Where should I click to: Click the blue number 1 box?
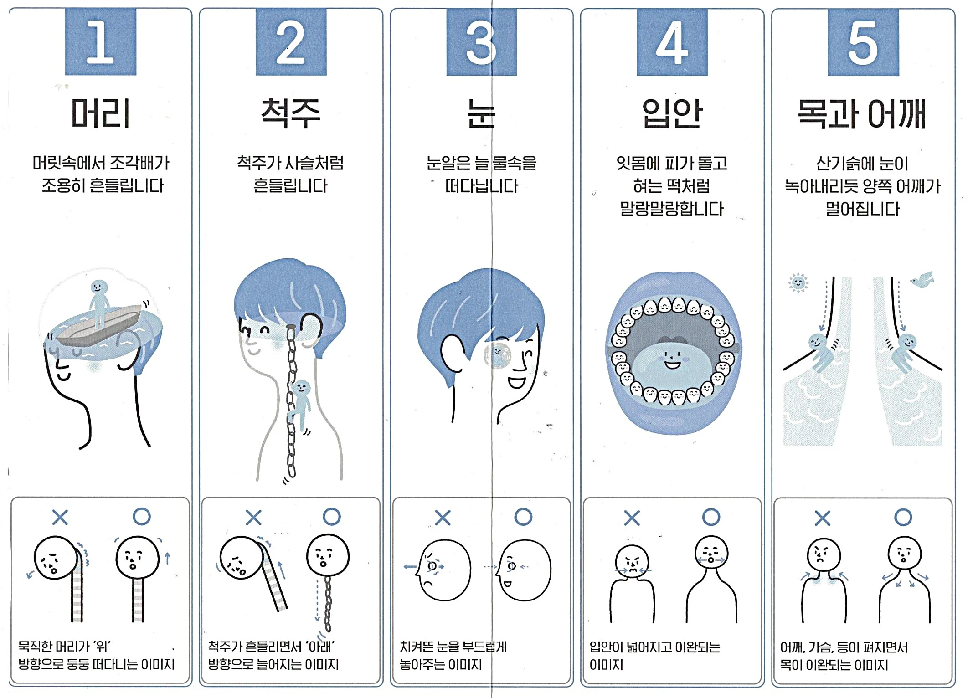[x=101, y=42]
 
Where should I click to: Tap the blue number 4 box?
[x=672, y=42]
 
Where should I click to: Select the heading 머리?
[x=101, y=113]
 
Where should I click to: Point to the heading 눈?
[x=481, y=113]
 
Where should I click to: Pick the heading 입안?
[x=672, y=113]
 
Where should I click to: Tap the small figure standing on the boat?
[x=98, y=303]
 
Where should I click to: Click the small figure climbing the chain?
[x=300, y=403]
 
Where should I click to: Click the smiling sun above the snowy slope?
[x=798, y=283]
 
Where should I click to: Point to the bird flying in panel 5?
[x=922, y=280]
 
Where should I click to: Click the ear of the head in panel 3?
[x=452, y=353]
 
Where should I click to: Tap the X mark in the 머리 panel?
[x=60, y=518]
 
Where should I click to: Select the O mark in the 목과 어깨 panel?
[x=903, y=517]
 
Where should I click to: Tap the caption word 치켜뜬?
[x=416, y=647]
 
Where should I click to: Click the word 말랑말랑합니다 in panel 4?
[x=672, y=209]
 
